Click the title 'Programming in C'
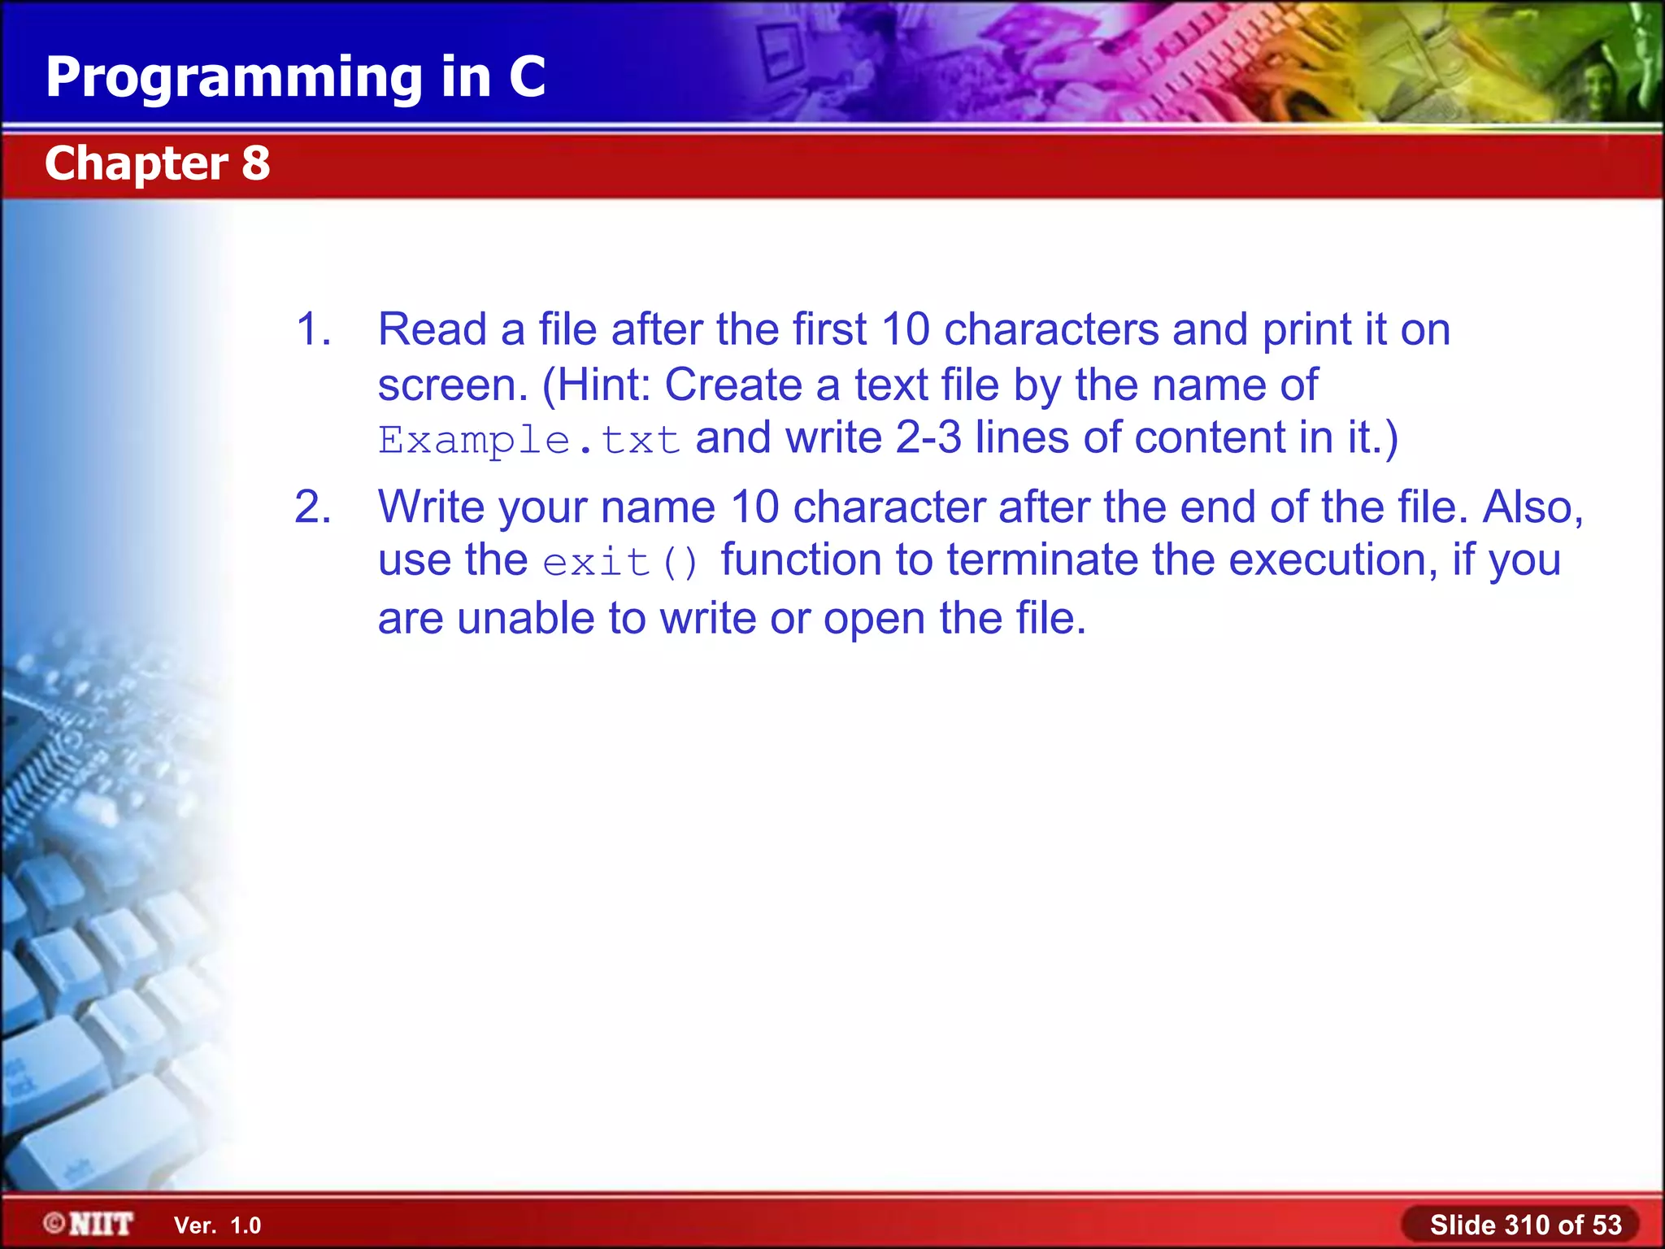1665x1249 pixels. (x=295, y=77)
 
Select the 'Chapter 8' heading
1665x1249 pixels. (x=157, y=163)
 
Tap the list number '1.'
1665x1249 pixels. (x=313, y=329)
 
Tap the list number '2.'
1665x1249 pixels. (x=313, y=507)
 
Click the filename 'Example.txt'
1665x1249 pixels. (x=528, y=440)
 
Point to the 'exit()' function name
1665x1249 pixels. (x=619, y=562)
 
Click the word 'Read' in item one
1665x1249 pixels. (x=432, y=329)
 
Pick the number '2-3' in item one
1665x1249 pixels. (x=928, y=437)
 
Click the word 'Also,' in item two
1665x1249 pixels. (x=1533, y=507)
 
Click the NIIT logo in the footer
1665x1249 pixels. (x=89, y=1224)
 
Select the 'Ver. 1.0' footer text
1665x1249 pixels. (x=217, y=1225)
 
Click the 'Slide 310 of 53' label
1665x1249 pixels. (x=1525, y=1225)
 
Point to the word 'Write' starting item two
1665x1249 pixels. (x=431, y=507)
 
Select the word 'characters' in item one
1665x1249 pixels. (x=1051, y=329)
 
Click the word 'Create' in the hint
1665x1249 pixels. (x=733, y=385)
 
